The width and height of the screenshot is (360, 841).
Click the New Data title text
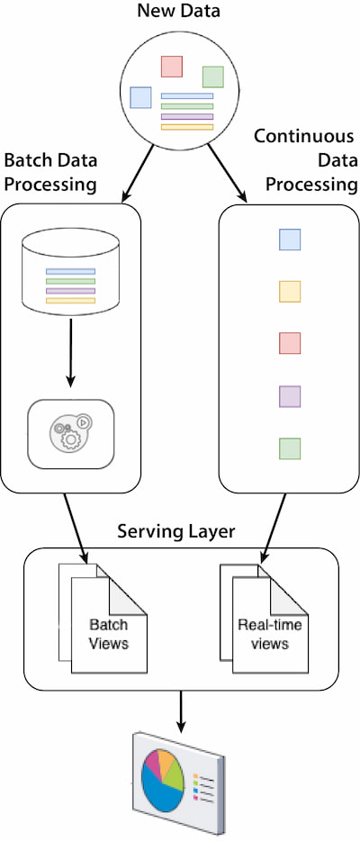(179, 11)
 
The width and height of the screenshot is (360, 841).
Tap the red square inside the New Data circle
(172, 66)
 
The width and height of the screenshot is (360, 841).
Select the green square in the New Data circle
(212, 77)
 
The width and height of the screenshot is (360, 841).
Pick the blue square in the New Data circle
(141, 97)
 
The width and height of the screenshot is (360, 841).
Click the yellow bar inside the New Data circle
(187, 127)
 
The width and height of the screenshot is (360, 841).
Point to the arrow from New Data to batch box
(138, 173)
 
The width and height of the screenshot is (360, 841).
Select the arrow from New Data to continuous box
(227, 173)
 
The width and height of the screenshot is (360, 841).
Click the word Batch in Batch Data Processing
(24, 161)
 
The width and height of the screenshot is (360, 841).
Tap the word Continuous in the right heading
(304, 136)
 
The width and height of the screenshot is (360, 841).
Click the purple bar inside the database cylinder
(71, 291)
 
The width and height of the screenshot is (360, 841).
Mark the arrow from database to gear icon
(71, 352)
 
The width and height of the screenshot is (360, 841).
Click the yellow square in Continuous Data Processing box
(290, 291)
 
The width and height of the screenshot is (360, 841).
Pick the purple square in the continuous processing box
(290, 396)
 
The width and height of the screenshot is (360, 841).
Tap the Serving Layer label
(176, 531)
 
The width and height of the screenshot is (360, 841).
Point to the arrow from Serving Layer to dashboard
(181, 711)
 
